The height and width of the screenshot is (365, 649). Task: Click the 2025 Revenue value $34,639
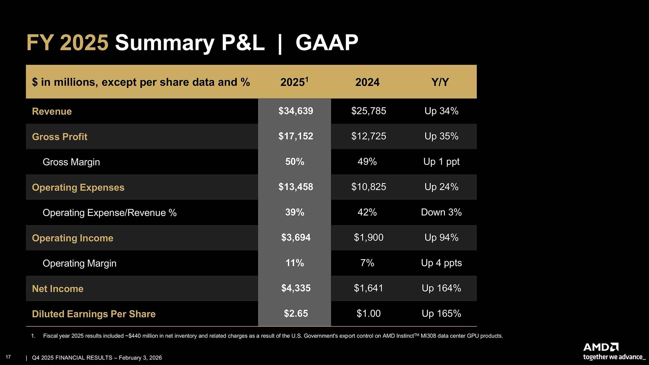click(x=295, y=111)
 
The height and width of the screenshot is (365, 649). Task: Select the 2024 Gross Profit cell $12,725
click(x=368, y=136)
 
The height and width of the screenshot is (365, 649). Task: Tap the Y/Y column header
click(x=440, y=82)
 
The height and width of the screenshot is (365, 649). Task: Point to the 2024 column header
click(x=367, y=82)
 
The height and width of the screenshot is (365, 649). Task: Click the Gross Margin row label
click(x=71, y=162)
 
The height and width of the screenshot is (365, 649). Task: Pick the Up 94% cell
click(x=441, y=238)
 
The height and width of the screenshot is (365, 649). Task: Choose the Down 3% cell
click(x=441, y=212)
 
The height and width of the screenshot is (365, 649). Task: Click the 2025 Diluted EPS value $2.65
click(x=295, y=314)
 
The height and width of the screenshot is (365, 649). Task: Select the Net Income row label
click(x=57, y=289)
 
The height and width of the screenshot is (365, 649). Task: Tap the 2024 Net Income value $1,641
click(x=368, y=288)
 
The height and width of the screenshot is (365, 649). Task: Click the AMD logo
click(x=601, y=347)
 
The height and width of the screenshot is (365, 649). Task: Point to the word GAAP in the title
click(x=327, y=43)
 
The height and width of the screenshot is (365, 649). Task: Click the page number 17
click(x=8, y=357)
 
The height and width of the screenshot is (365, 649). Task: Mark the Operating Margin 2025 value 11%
click(x=294, y=263)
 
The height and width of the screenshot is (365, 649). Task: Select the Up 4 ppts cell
click(x=441, y=263)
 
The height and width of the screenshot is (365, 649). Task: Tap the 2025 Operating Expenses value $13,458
click(x=295, y=187)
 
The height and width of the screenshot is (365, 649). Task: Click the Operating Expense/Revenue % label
click(x=110, y=213)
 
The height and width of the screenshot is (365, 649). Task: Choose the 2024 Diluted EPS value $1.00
click(x=368, y=314)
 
